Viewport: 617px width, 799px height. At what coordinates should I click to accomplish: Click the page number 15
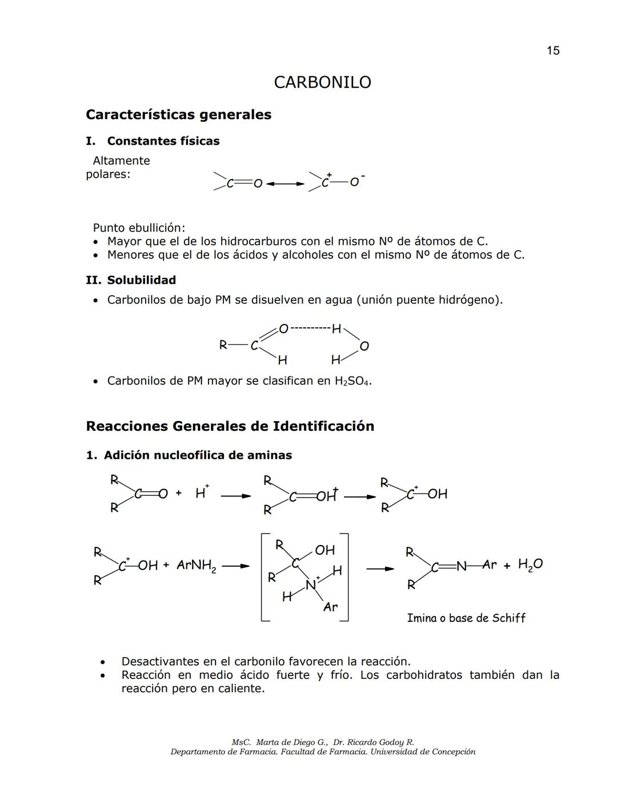click(552, 51)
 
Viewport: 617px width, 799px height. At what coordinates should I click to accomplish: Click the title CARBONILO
click(322, 82)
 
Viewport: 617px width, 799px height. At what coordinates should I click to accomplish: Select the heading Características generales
click(178, 114)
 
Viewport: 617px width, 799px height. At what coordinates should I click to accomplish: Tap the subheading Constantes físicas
click(163, 141)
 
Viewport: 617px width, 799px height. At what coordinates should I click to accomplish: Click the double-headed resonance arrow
click(285, 184)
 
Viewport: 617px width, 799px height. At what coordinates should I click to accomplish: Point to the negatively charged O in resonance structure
click(355, 182)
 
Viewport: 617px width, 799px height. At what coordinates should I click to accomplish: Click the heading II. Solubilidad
click(131, 280)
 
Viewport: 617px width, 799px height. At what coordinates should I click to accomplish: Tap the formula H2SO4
click(352, 381)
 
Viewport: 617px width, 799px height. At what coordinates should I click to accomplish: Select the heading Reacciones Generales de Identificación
click(230, 426)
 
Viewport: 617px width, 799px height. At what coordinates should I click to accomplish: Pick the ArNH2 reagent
click(196, 566)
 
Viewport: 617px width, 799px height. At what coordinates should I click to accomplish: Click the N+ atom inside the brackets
click(311, 584)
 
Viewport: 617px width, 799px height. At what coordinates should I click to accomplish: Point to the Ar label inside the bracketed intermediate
click(330, 607)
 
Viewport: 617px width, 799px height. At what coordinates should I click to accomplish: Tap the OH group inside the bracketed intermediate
click(324, 550)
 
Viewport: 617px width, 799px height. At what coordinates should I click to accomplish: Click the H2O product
click(530, 565)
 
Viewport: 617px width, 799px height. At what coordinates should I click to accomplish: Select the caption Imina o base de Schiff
click(466, 618)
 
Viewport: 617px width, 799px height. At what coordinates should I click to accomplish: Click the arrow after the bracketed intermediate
click(380, 569)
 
